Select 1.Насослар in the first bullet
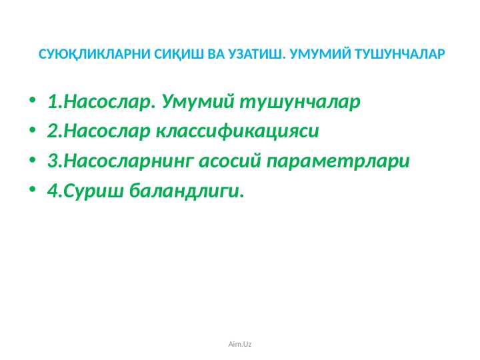[99, 103]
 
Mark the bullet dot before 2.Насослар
[33, 132]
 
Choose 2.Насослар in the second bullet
[99, 131]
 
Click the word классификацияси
[237, 131]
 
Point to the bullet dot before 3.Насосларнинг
[33, 162]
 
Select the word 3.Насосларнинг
[121, 162]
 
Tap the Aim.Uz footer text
[240, 344]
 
